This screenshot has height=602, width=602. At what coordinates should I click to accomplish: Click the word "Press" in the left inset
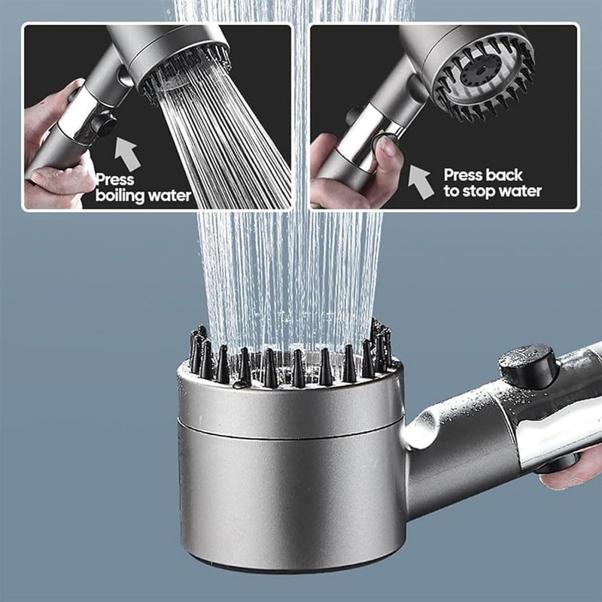(x=115, y=180)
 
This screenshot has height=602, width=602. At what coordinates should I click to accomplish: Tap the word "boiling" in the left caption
(x=121, y=196)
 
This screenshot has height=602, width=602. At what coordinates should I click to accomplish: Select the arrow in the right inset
(x=422, y=181)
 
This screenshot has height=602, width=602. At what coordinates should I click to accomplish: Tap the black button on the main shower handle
(x=529, y=366)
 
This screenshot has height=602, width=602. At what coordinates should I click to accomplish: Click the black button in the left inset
(x=105, y=125)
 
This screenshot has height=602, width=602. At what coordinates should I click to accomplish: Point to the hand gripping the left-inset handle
(x=53, y=150)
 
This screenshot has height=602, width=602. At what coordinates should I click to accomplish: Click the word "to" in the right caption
(x=451, y=192)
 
